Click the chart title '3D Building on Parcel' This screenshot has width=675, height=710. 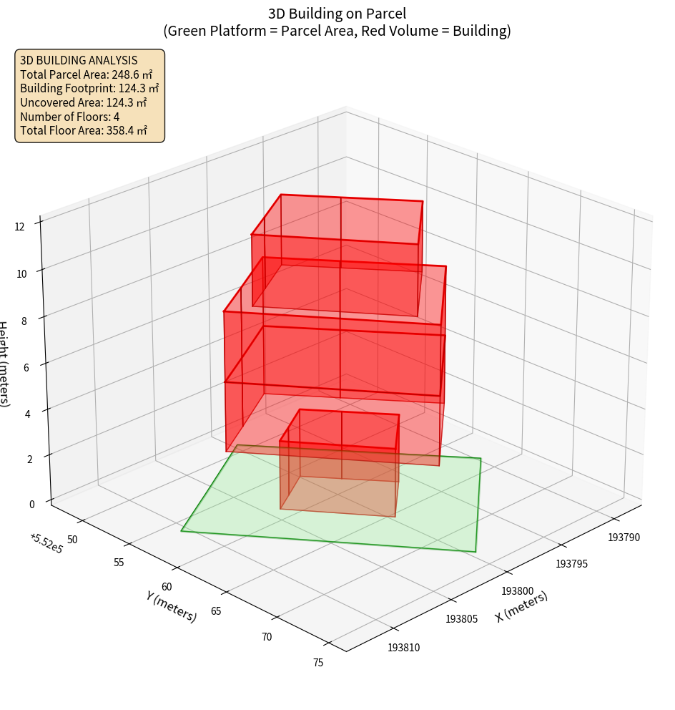coord(337,14)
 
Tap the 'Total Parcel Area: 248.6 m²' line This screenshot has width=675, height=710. coord(86,74)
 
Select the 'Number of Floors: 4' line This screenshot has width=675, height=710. coord(69,117)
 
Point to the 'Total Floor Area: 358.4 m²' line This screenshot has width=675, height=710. coord(84,131)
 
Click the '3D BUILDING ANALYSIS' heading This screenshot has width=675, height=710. coord(79,61)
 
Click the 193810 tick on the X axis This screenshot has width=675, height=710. coord(404,648)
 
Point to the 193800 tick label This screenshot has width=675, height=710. coord(517,591)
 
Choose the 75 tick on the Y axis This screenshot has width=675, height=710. coord(318,663)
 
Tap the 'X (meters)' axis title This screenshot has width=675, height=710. coord(521,607)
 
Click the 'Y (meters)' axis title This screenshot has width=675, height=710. coord(171,606)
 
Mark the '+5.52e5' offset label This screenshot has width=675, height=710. coord(45,543)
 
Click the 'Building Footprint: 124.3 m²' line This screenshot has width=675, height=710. coord(89,89)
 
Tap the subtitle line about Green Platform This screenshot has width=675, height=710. coord(337,31)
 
